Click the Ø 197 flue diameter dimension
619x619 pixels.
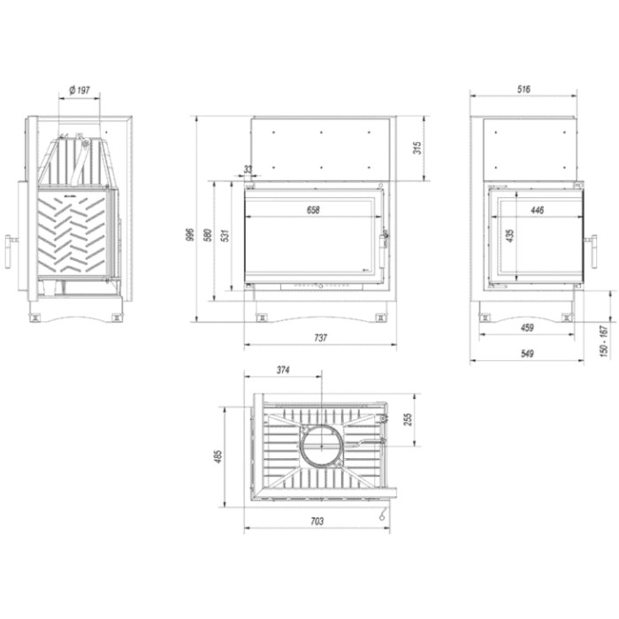coord(80,90)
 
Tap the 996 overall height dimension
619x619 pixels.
coord(190,235)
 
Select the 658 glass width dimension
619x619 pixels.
coord(313,210)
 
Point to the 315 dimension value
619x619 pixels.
coord(417,148)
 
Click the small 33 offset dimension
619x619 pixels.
coord(248,170)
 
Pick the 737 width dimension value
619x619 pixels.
coord(320,338)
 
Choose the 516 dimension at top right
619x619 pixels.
coord(523,89)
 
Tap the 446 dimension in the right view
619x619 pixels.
coord(538,210)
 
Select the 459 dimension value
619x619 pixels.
coord(527,328)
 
